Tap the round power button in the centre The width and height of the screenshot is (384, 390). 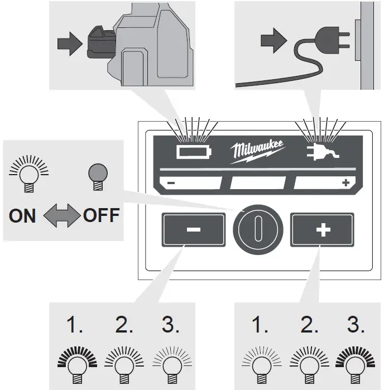coord(257,229)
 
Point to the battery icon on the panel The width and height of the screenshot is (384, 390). coord(193,151)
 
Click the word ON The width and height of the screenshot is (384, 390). coord(22,215)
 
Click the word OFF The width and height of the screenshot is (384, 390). coord(101,215)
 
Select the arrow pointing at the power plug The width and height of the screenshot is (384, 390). coord(272,41)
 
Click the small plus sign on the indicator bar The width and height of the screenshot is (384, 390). coord(345,182)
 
